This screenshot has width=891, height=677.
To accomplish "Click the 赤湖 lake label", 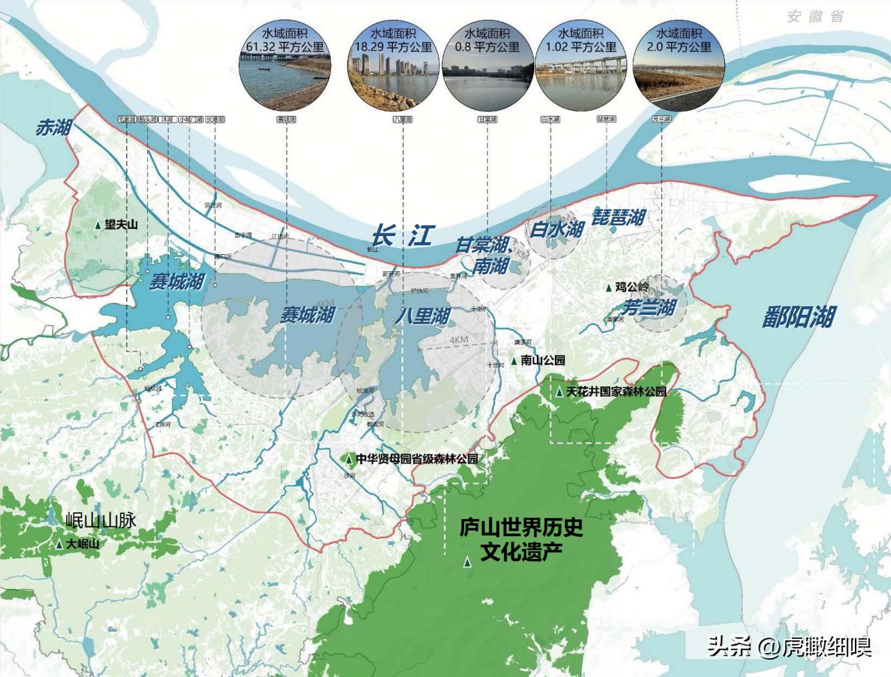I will (x=53, y=127).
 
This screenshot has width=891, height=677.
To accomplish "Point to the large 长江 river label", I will (x=402, y=235).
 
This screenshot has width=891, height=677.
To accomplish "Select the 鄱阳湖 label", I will (x=798, y=317).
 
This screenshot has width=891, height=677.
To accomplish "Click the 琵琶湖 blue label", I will (x=619, y=217).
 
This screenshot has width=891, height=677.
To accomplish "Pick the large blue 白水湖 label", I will (x=557, y=229).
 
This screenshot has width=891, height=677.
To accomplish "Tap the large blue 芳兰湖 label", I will (x=649, y=307).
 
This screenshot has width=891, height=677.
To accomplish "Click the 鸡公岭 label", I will (x=632, y=287).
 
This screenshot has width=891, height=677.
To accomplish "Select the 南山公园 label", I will (x=543, y=360).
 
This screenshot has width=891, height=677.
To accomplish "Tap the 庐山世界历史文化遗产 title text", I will (x=521, y=540).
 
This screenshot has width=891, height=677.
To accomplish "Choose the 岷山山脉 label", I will (x=101, y=520).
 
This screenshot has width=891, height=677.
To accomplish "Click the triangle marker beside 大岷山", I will (x=59, y=544).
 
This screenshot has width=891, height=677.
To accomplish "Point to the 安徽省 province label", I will (x=816, y=17).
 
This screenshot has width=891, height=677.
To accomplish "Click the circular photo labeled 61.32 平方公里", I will (x=285, y=67).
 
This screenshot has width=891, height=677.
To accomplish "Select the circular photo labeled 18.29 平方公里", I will (x=393, y=67).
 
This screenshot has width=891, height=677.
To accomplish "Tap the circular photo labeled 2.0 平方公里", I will (x=678, y=67).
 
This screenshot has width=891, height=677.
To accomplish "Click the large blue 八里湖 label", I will (x=422, y=315).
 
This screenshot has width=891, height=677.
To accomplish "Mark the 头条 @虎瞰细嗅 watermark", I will (x=790, y=646).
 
